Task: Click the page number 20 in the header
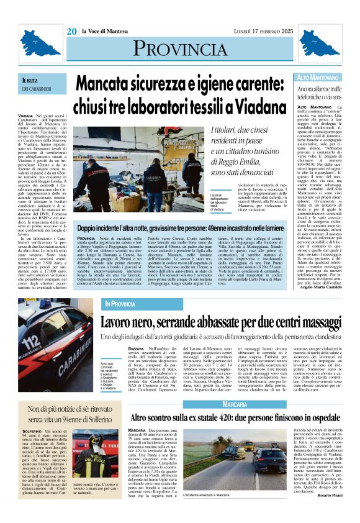pos(72,31)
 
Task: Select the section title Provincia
pos(180,50)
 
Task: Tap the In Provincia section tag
pos(120,304)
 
